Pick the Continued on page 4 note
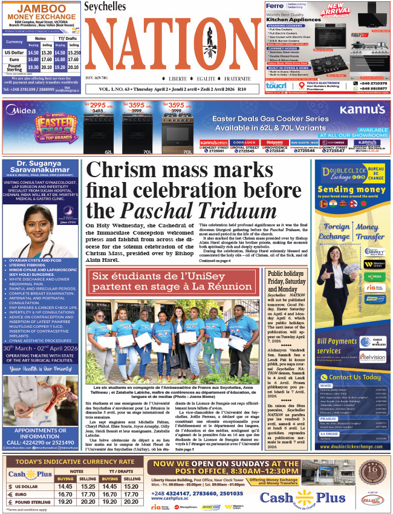(215, 261)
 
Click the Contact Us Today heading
(356, 377)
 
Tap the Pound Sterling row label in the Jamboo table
(13, 68)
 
